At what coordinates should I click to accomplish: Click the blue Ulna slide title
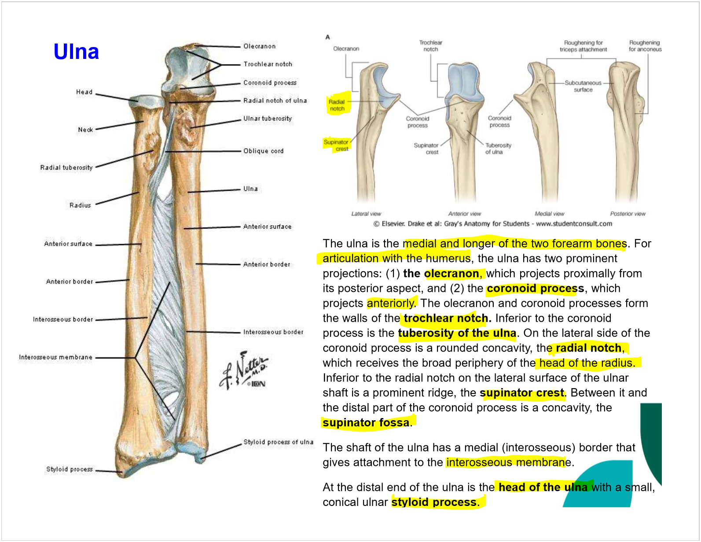76,52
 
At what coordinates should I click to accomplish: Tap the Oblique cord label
263,151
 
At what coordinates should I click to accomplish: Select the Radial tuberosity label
66,167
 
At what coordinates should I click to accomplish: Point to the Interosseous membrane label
55,357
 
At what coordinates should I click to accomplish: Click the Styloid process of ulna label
278,442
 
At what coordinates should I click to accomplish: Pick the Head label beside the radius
84,92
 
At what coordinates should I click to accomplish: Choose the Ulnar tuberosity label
268,118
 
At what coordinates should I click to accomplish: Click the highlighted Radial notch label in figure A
337,105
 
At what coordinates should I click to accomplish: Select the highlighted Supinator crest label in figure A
337,145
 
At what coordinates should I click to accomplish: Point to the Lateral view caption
366,214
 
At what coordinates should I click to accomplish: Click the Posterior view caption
628,214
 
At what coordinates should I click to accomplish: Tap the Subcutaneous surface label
583,86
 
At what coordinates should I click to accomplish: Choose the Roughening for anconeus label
645,46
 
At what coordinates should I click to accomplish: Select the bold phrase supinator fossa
366,422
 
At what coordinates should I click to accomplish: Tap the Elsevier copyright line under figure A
492,223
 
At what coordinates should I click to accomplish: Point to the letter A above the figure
327,37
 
